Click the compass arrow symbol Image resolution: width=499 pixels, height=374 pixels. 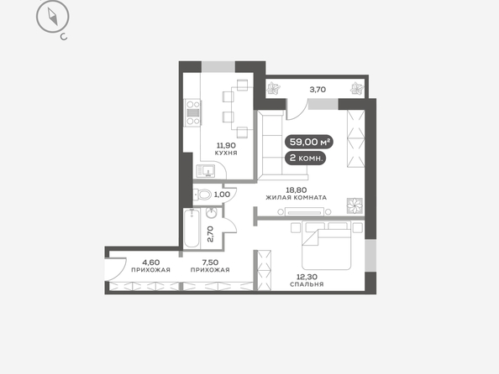coord(53,17)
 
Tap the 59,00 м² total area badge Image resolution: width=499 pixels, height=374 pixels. coord(308,142)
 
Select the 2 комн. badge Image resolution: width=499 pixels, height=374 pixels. coord(305,158)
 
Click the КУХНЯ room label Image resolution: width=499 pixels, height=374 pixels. coord(226,153)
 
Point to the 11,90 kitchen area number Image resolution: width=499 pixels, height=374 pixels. coord(226,146)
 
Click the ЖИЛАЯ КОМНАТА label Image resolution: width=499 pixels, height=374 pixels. coord(297,197)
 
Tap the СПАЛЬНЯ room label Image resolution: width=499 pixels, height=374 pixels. coord(307,284)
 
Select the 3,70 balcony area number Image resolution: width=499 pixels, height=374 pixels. coord(318,90)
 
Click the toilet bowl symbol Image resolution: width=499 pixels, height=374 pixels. coord(202,195)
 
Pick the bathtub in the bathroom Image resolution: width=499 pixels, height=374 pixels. coord(192,228)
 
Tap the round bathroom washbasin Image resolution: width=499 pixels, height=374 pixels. coord(212,213)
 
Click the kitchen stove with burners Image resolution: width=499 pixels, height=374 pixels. coord(193,113)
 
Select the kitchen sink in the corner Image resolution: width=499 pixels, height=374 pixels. coord(206,172)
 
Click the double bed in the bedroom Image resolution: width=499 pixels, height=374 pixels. coord(326,246)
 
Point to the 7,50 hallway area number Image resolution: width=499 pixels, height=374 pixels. coord(210,262)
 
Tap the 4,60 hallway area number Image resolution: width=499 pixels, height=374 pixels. coord(151,262)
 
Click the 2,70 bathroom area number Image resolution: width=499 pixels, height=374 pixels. coord(210,234)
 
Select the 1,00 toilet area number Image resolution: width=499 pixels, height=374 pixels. coord(222,195)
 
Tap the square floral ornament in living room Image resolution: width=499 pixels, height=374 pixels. coord(355,206)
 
